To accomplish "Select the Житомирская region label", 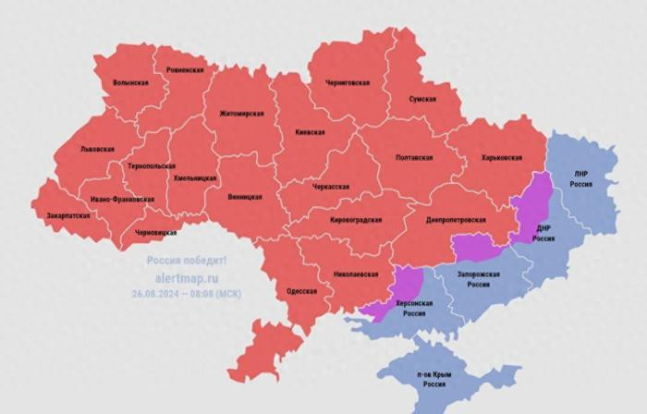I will click(x=241, y=114).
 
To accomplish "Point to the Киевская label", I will click(x=310, y=132).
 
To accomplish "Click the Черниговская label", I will click(x=348, y=82).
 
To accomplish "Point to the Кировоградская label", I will click(x=356, y=220).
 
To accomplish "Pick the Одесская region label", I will click(x=301, y=291).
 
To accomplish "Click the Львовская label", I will click(x=97, y=149).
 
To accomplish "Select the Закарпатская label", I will click(x=68, y=215).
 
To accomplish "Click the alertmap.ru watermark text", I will click(x=186, y=275).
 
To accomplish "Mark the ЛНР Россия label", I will click(x=581, y=178).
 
